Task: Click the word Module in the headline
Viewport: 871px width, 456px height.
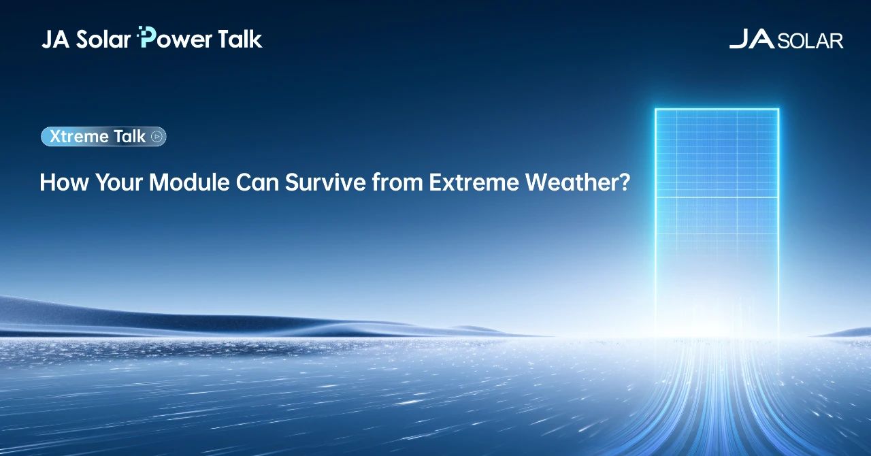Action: (x=189, y=182)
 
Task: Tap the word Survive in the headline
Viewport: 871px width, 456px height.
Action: (x=325, y=182)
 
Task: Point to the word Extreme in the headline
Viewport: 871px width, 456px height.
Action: (x=474, y=182)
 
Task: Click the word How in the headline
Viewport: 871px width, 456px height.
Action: (x=64, y=182)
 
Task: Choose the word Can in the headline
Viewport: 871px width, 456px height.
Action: (x=257, y=182)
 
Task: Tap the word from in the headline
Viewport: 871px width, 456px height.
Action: (x=397, y=182)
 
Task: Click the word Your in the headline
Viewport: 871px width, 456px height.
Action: (x=119, y=182)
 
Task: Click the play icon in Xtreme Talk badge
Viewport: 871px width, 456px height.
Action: (x=157, y=137)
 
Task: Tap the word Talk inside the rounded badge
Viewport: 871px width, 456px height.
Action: (x=129, y=137)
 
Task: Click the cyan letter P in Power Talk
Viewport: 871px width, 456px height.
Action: (x=147, y=37)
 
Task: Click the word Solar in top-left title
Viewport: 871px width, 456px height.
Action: (x=103, y=39)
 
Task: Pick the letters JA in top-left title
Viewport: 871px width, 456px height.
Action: (x=56, y=39)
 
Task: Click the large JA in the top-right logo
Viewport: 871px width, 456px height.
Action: (x=752, y=39)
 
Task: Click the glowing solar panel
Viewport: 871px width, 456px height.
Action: (x=717, y=222)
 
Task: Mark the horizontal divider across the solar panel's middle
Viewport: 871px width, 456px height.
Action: (x=717, y=197)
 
